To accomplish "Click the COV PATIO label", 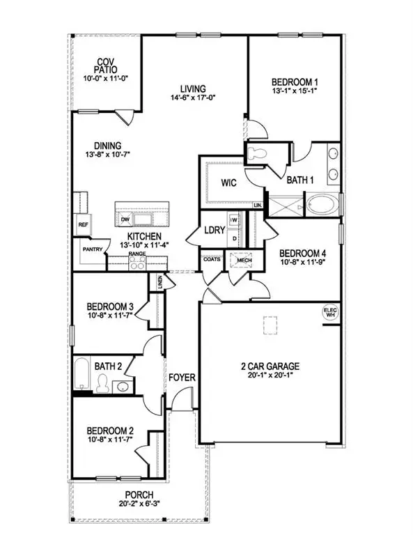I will pyautogui.click(x=107, y=66).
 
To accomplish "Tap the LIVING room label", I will pyautogui.click(x=193, y=89).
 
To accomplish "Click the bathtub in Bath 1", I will pyautogui.click(x=323, y=206).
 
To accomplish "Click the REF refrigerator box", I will pyautogui.click(x=83, y=225).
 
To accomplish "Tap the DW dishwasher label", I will pyautogui.click(x=126, y=219).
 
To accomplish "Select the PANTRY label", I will pyautogui.click(x=93, y=249).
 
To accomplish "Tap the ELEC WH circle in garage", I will pyautogui.click(x=329, y=313).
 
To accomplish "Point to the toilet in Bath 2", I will pyautogui.click(x=103, y=383).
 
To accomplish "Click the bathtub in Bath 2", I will pyautogui.click(x=81, y=375).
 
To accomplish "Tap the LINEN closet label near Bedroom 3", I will pyautogui.click(x=160, y=282).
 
